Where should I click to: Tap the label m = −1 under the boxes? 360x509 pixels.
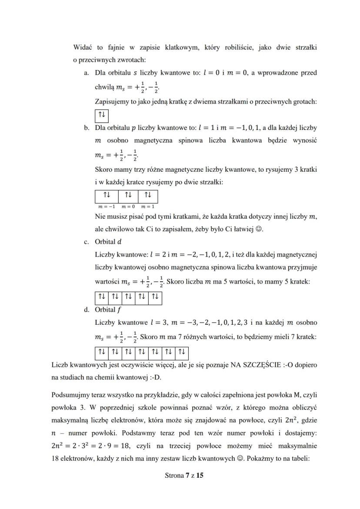(105, 206)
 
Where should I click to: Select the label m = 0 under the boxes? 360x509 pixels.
(128, 206)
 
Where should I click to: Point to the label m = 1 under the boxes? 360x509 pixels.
(148, 206)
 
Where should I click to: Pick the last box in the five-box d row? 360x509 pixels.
(155, 298)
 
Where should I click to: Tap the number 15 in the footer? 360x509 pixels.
(200, 476)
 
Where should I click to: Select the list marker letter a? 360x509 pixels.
(86, 73)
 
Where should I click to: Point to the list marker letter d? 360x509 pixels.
(86, 310)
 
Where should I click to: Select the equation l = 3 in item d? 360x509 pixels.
(153, 323)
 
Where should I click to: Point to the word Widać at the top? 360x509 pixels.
(82, 47)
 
